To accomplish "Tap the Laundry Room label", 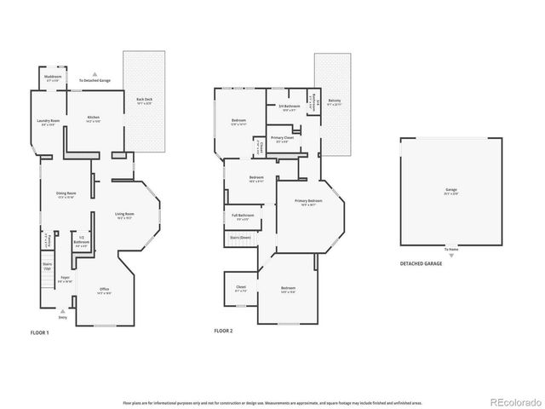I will [49, 121].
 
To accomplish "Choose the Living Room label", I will [125, 215].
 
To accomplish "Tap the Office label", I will [104, 291].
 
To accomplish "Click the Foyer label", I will [64, 279].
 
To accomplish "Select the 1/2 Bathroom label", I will [82, 241].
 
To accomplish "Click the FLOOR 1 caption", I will [40, 332].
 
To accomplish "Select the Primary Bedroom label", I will [305, 202].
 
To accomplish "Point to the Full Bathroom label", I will [241, 216].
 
